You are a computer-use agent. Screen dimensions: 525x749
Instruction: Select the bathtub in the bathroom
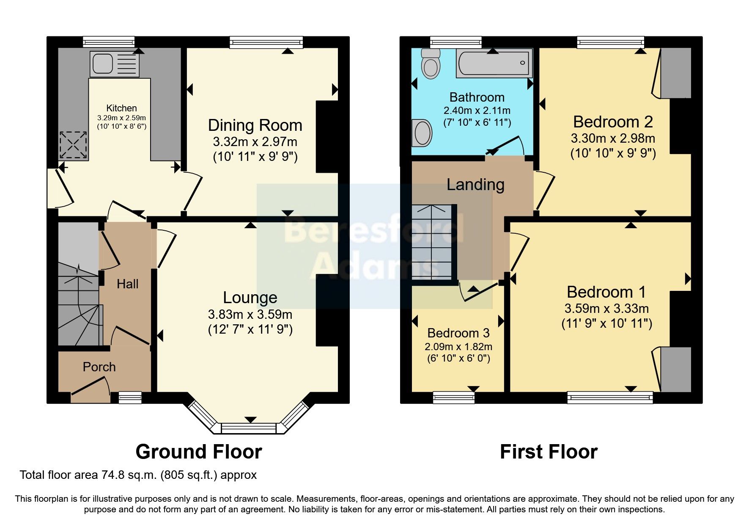click(494, 64)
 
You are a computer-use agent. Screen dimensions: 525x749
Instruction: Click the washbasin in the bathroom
click(422, 133)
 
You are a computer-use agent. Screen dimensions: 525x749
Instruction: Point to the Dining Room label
click(255, 125)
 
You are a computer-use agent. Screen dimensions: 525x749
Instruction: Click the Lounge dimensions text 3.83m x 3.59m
click(250, 314)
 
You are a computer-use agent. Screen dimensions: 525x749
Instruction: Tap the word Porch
click(99, 367)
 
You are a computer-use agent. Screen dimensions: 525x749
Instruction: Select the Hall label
click(127, 284)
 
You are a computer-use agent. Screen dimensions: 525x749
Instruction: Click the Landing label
click(475, 185)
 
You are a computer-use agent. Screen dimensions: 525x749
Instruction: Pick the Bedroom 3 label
click(458, 333)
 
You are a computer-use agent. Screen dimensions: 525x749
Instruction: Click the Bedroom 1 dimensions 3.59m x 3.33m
click(606, 308)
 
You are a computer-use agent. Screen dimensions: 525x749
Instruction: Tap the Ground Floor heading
click(199, 452)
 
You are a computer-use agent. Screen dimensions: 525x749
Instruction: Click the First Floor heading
click(549, 452)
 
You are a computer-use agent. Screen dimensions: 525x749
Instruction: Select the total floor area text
click(138, 475)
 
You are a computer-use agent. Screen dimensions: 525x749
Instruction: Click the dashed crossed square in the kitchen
click(74, 145)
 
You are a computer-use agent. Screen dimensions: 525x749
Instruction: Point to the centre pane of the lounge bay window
click(250, 428)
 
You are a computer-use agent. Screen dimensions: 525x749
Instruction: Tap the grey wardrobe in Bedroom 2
click(676, 73)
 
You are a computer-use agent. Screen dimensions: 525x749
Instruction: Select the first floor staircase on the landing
click(433, 242)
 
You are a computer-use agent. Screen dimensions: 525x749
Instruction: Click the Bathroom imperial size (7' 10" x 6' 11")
click(477, 123)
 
